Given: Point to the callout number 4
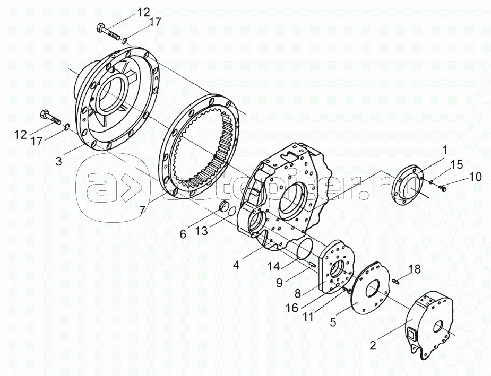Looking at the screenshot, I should (x=236, y=264).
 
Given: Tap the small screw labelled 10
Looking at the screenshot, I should (x=443, y=187).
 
